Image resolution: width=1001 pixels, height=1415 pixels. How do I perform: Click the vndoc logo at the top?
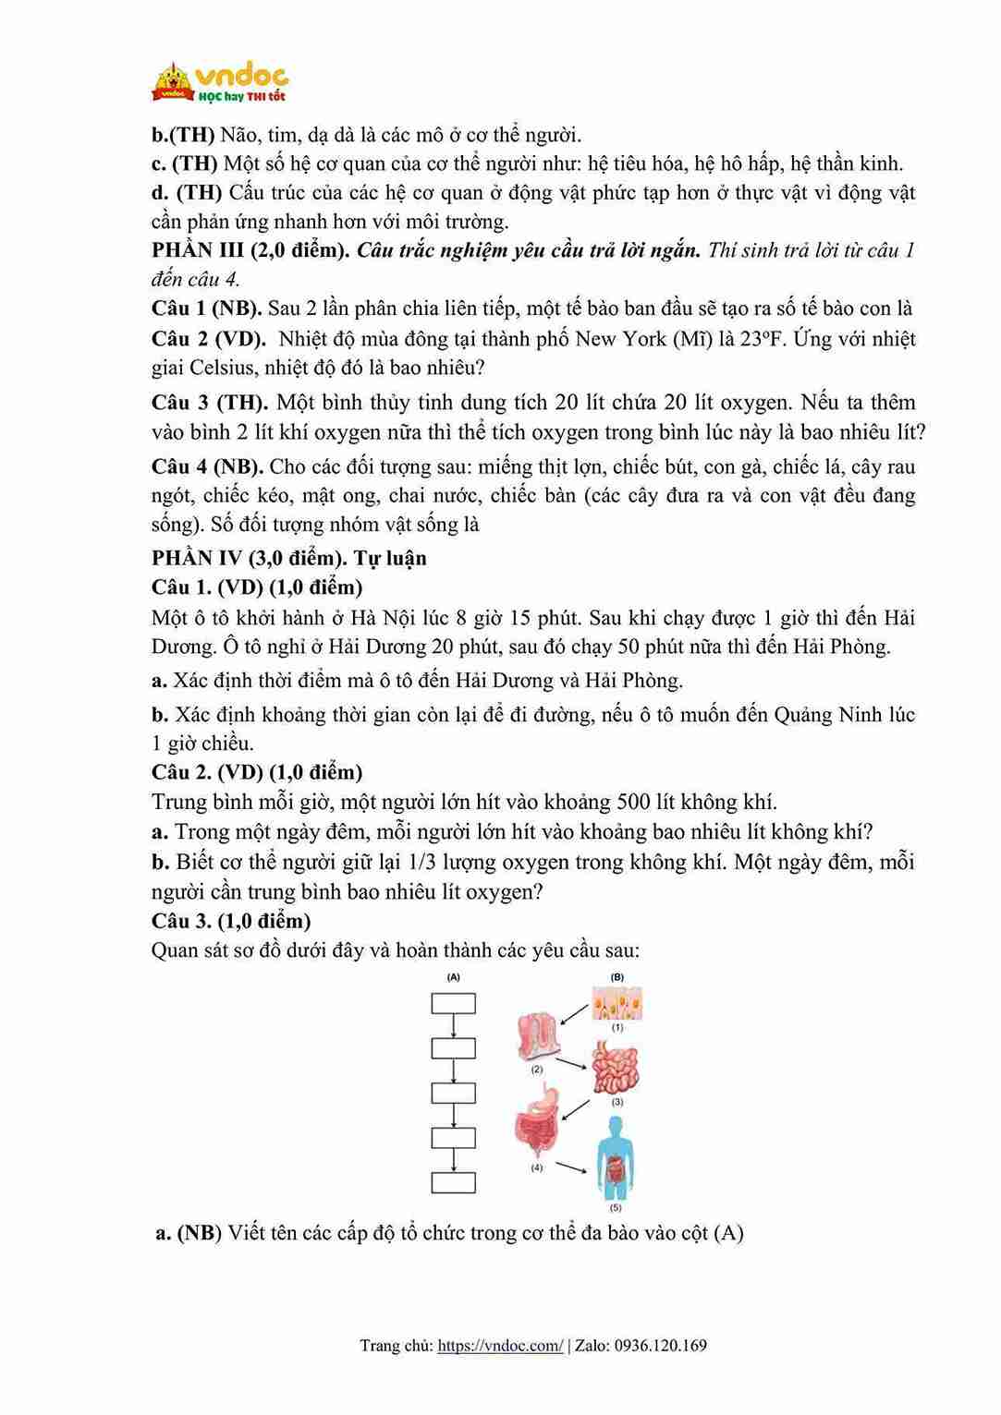coord(220,81)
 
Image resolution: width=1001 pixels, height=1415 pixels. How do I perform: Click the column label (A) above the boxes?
coord(454,976)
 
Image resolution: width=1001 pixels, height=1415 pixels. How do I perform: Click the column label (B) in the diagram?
coord(617,976)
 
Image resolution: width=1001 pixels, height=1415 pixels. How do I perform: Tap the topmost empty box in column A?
coord(454,1003)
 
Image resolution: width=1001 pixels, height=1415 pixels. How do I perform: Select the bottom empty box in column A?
coord(454,1183)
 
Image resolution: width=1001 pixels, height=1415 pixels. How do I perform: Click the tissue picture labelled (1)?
coord(617,1003)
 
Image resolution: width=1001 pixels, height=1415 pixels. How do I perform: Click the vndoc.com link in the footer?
coord(499,1346)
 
